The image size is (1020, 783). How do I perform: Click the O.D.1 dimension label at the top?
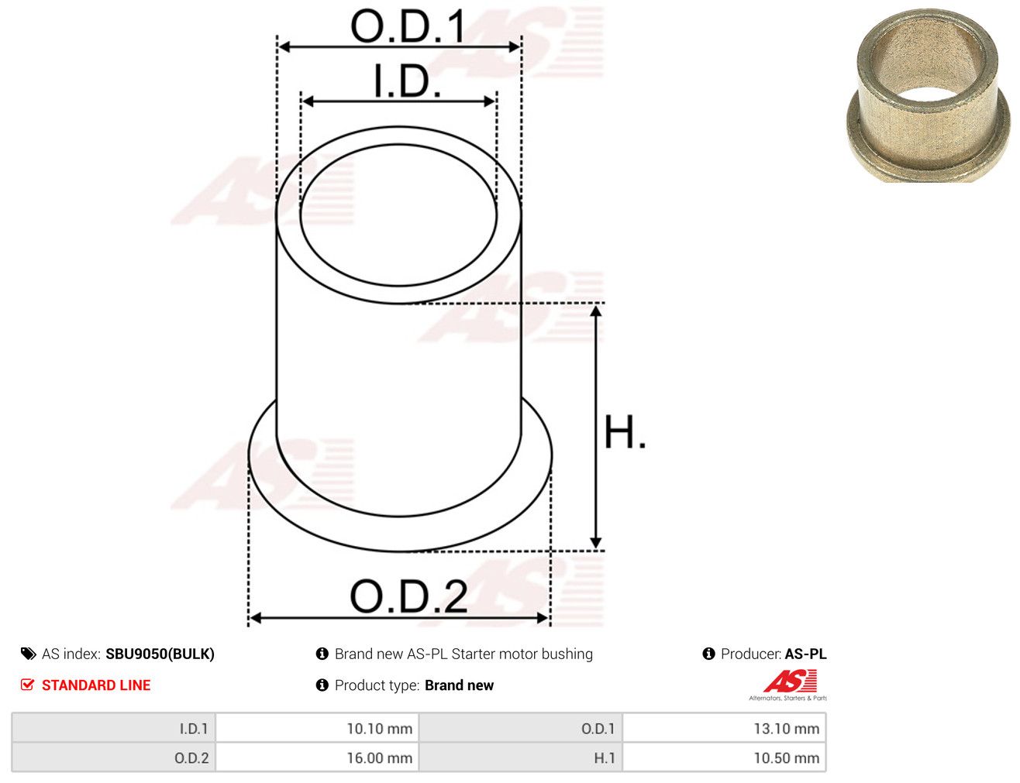point(408,26)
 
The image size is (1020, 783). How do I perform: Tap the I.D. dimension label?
point(408,81)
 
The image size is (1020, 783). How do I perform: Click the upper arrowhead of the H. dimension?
point(595,311)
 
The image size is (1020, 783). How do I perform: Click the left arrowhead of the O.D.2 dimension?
point(255,619)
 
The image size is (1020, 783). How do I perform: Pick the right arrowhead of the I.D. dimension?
point(490,101)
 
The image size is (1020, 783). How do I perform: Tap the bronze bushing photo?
point(929,95)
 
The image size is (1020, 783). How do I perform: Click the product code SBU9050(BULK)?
point(160,654)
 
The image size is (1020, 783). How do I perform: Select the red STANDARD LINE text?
point(96,685)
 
